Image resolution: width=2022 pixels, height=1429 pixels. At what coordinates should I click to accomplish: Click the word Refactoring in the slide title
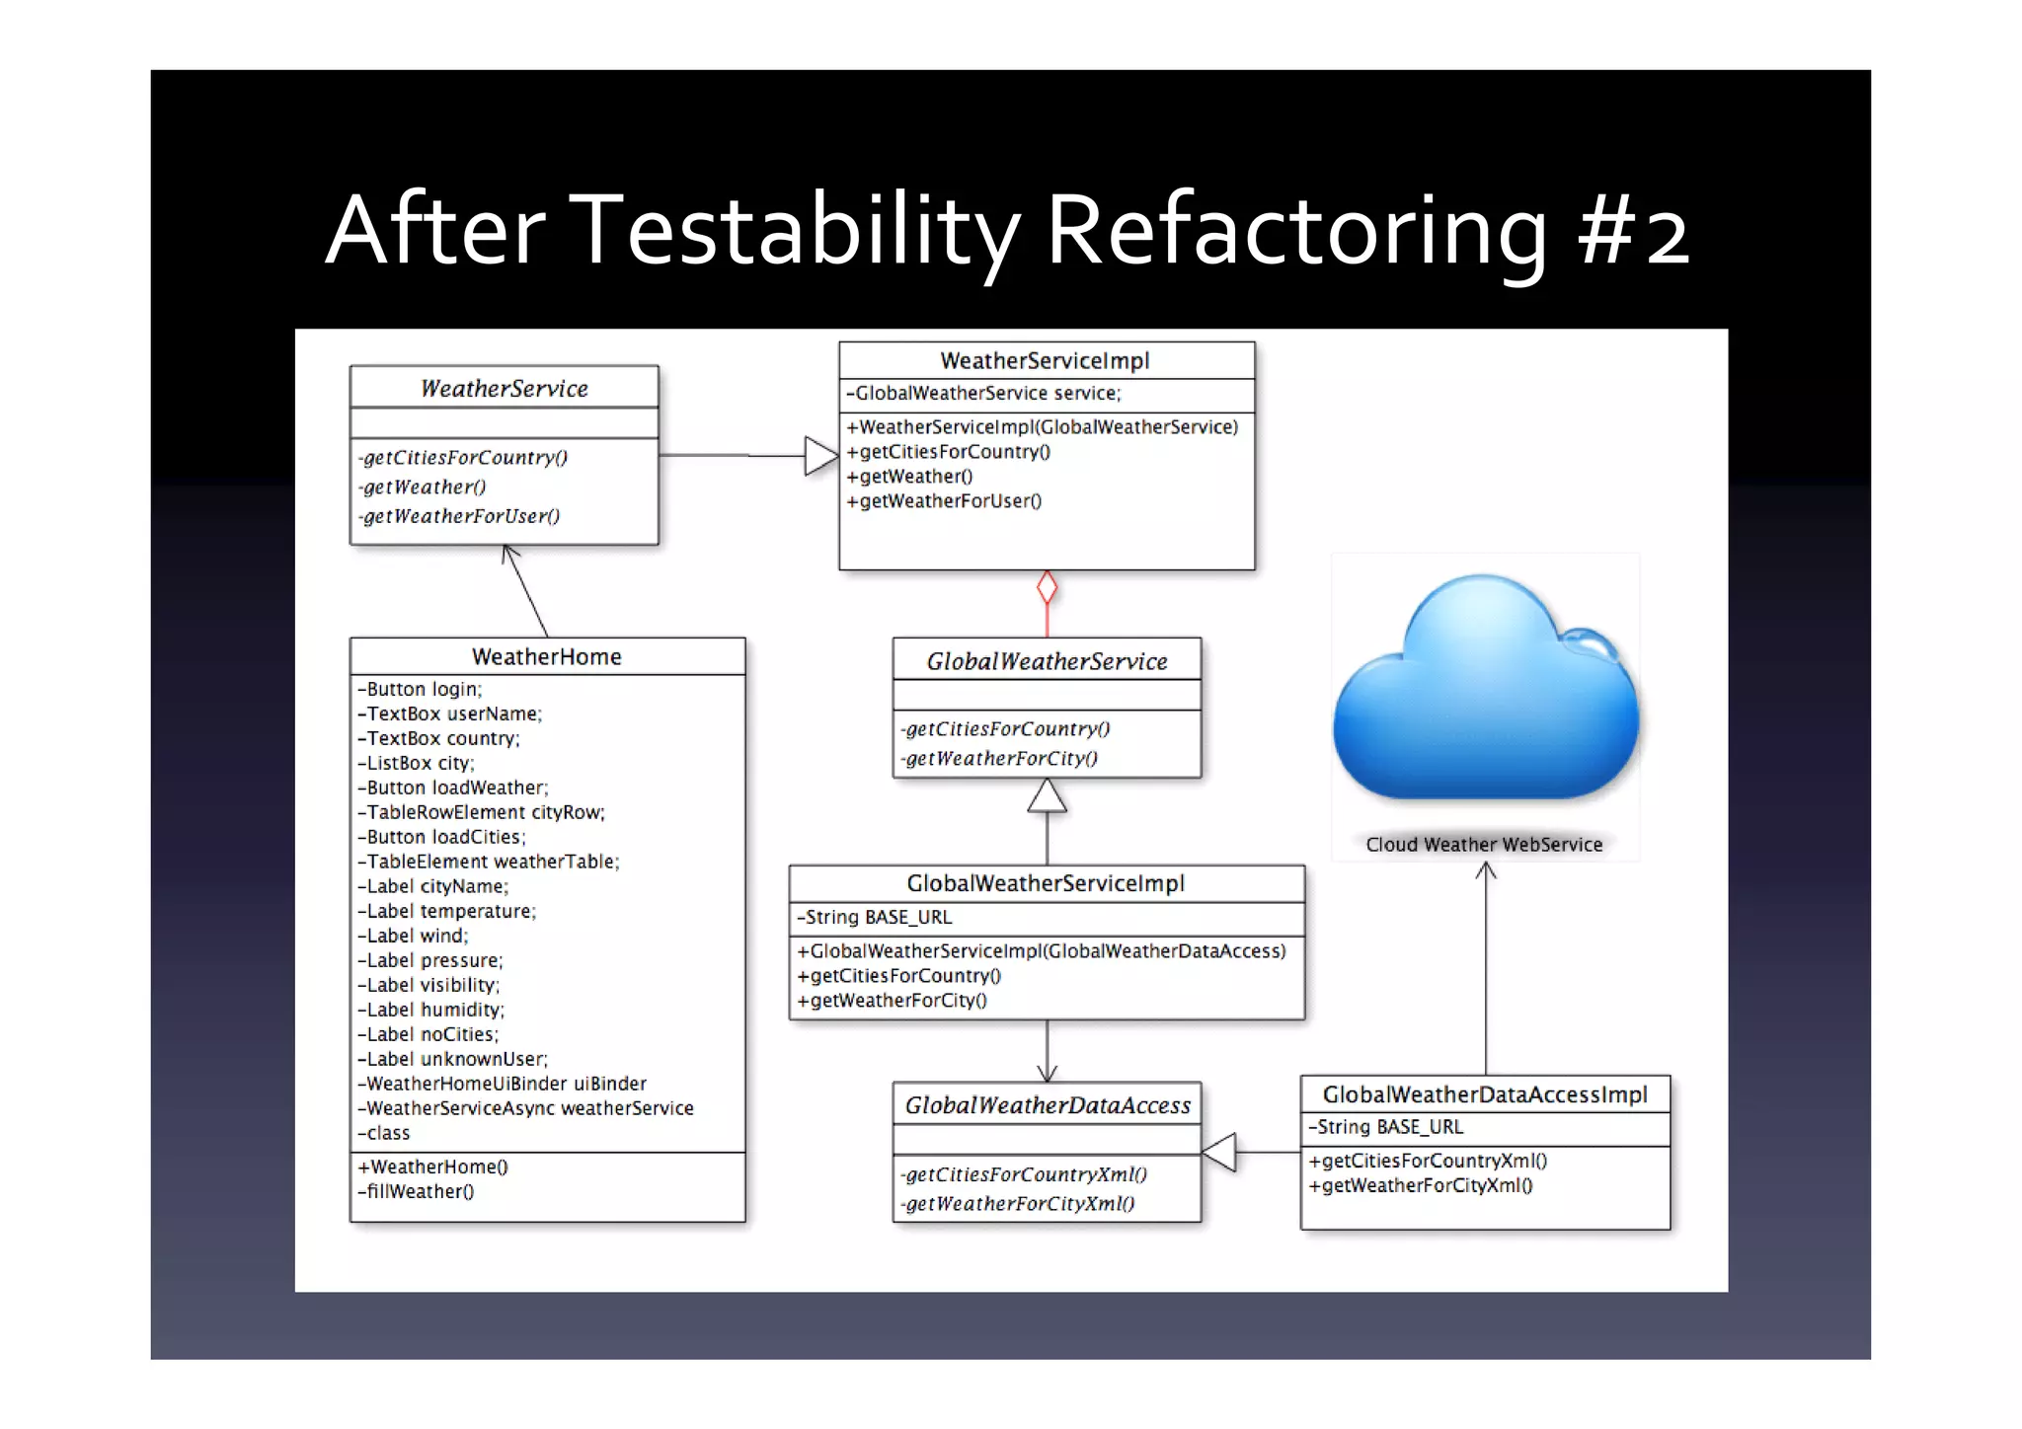1295,232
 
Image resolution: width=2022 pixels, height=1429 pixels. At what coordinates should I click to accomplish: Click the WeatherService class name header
504,388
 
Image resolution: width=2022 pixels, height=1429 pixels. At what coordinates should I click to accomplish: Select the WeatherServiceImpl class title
1045,360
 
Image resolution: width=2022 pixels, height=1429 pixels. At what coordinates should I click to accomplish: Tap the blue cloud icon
1485,691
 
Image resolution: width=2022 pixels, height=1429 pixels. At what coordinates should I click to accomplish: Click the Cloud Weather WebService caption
1484,845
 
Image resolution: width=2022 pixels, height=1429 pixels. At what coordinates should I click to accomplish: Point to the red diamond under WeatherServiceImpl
1047,588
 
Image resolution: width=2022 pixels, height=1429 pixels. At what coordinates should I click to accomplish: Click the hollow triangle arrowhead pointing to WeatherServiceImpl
820,456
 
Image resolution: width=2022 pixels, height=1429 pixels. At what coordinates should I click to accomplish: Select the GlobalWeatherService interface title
1047,661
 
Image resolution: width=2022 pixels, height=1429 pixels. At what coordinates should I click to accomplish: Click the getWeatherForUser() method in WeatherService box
461,516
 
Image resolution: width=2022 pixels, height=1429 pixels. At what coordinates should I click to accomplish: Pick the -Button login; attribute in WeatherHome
420,689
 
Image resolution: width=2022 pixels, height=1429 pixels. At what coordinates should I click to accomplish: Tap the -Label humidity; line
430,1010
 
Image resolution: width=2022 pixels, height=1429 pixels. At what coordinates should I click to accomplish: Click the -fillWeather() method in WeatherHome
416,1191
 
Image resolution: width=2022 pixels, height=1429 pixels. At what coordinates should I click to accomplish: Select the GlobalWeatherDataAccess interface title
1048,1105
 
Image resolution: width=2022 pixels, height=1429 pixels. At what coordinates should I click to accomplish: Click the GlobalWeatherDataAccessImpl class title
1485,1094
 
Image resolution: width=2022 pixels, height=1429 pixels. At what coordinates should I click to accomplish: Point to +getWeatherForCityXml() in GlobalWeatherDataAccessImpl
1421,1185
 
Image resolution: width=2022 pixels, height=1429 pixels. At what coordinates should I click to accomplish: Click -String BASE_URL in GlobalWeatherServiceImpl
875,917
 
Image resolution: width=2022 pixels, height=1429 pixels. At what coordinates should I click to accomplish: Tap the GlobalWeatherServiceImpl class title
1046,883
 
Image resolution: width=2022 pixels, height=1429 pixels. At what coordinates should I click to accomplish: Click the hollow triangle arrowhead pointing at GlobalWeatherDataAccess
1220,1152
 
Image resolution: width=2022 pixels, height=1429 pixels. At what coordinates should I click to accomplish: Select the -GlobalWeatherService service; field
983,393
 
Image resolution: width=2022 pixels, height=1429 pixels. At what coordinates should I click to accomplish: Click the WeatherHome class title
546,656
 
